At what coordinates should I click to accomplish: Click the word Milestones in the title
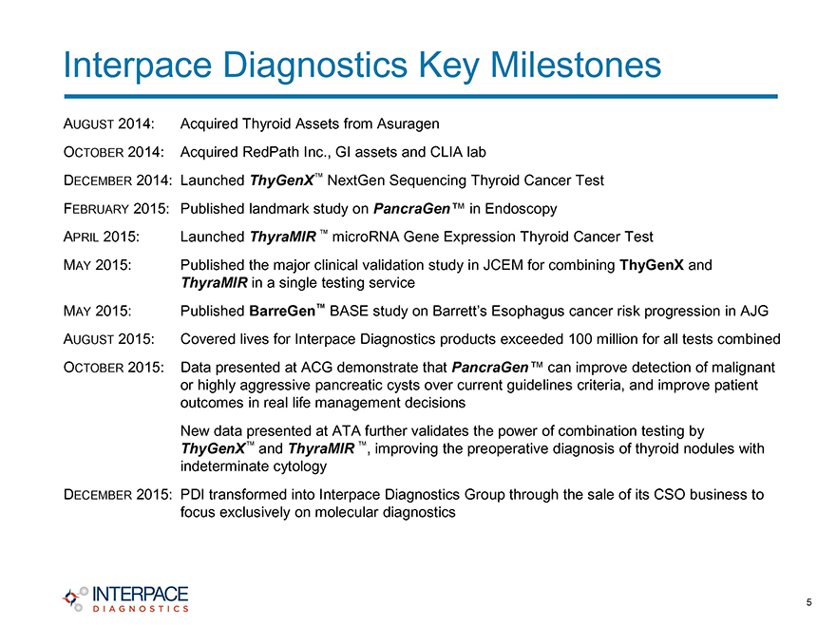coord(576,65)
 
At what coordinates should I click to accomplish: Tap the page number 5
coord(808,602)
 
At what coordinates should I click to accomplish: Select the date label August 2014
coord(108,123)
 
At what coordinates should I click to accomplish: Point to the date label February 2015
coord(116,208)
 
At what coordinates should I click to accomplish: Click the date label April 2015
coord(102,237)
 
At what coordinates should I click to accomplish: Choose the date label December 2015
coord(117,495)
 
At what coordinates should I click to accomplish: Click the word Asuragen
coord(408,124)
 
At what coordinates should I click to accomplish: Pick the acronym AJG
coord(754,311)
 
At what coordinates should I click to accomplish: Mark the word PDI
coord(193,495)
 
